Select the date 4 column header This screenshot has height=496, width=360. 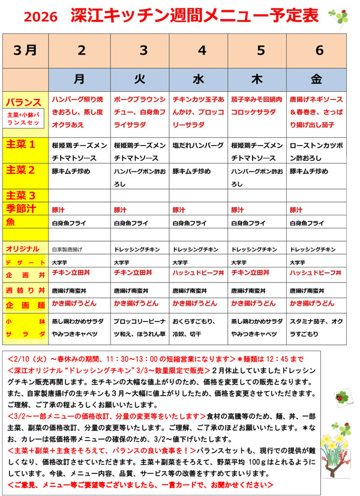point(199,50)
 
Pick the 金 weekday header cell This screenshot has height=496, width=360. point(316,79)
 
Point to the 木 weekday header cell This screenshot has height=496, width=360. point(257,79)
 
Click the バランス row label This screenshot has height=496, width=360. point(24,102)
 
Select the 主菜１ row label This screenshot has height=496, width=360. point(20,145)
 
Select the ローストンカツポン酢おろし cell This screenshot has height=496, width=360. point(316,152)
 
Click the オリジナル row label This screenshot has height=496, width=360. point(22,249)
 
